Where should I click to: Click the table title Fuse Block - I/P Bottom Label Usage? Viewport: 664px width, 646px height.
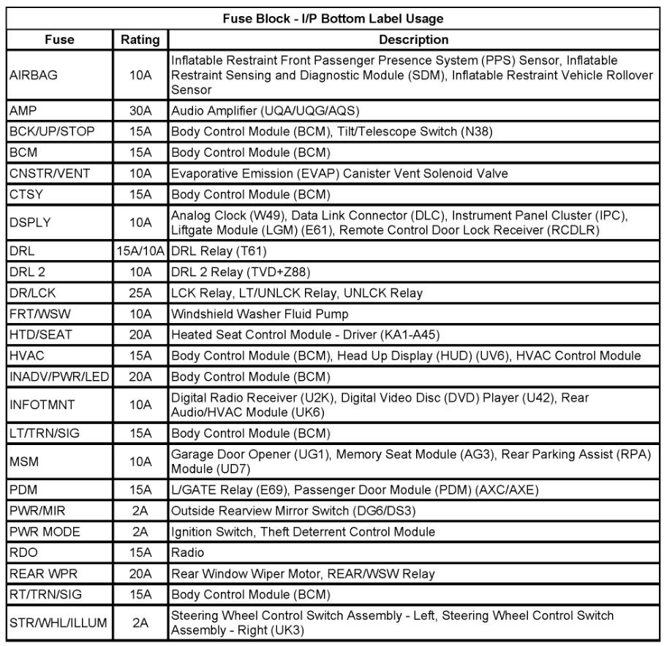333,18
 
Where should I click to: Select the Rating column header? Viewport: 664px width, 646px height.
140,39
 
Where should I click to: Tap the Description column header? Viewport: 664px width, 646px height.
413,39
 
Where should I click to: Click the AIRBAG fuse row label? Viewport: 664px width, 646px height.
33,75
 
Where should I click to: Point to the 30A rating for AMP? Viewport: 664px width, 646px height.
140,111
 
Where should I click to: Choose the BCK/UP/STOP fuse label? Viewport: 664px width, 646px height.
52,132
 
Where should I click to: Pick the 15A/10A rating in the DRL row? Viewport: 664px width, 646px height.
141,251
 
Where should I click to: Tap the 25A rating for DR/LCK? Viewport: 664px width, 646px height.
140,293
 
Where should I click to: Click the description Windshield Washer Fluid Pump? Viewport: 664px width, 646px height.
260,313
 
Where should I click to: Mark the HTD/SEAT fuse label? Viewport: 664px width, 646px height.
41,335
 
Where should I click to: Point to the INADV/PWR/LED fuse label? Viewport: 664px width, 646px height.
58,377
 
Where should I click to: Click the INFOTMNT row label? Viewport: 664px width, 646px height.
42,405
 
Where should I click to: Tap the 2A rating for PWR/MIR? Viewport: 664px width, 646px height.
140,510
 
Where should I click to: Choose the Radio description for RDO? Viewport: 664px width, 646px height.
188,552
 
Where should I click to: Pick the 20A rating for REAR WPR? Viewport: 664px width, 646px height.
140,574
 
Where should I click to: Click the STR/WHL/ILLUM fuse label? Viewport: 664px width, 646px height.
59,623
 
